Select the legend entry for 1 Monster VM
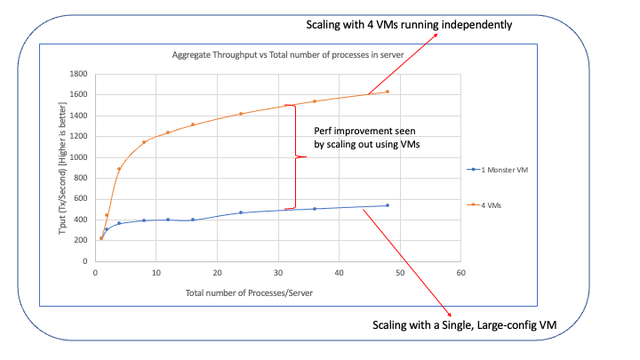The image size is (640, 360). (x=500, y=168)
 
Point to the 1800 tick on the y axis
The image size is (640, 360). (x=78, y=75)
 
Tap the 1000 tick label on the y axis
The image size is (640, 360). (x=78, y=157)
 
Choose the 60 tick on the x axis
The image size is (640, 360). (x=460, y=272)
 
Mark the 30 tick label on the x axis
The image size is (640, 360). (x=277, y=272)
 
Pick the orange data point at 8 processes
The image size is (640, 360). (x=144, y=142)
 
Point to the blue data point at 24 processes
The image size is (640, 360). (x=241, y=212)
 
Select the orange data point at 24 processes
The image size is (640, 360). (x=241, y=114)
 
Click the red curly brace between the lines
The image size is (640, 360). (x=299, y=157)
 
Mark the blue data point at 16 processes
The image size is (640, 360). (x=192, y=220)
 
